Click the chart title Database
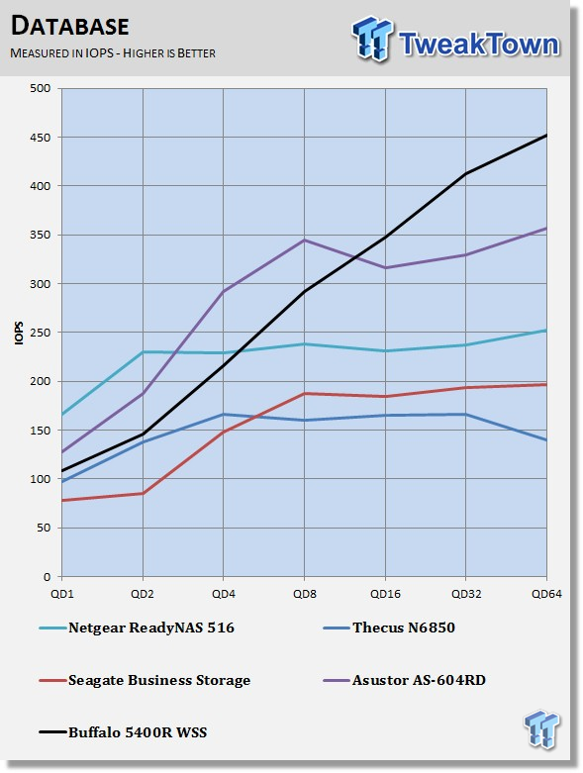[70, 26]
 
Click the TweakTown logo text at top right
[478, 44]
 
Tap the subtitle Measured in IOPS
[61, 53]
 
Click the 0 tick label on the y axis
[47, 577]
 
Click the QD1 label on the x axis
[62, 594]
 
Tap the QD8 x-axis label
[305, 594]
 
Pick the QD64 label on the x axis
[546, 594]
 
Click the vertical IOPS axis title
[19, 333]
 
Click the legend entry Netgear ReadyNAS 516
[150, 628]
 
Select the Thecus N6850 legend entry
[404, 628]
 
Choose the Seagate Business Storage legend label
[159, 680]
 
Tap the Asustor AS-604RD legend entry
[419, 680]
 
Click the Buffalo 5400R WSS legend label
[138, 732]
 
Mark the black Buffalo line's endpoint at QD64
[546, 135]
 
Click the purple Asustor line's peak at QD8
[305, 241]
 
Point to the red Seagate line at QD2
[143, 493]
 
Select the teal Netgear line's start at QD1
[62, 415]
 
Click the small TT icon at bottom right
[542, 728]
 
